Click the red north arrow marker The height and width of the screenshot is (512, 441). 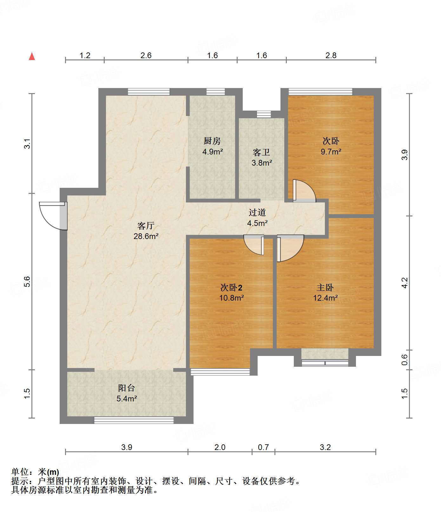tap(32, 56)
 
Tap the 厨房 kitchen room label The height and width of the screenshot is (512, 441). tap(212, 141)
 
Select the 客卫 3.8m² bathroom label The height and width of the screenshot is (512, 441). tap(261, 158)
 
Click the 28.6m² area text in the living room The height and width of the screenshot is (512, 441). tap(146, 236)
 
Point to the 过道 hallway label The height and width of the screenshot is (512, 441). tap(257, 212)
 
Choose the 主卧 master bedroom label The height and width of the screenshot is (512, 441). tap(325, 288)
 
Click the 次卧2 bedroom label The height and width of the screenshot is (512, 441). tap(231, 288)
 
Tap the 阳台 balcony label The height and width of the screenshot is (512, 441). tap(126, 388)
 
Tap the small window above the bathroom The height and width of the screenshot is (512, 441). tap(264, 114)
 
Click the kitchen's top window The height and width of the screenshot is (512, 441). tap(215, 92)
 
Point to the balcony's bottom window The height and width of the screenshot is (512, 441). tap(134, 420)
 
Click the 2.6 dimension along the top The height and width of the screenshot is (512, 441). tap(146, 56)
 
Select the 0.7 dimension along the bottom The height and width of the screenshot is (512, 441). tap(263, 447)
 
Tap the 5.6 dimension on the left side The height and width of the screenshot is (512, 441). tap(27, 282)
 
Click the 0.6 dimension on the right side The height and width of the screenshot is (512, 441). tap(405, 359)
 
